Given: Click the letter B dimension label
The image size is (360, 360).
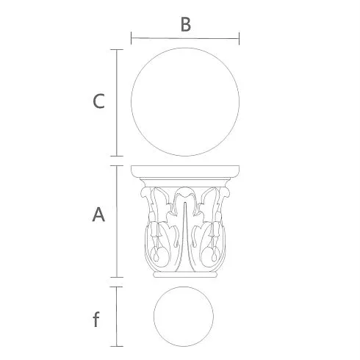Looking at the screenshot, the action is [186, 24].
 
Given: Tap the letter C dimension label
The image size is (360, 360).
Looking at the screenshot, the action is [98, 101].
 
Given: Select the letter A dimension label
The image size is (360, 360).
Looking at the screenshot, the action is [98, 215].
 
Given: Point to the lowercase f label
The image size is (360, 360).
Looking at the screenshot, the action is [96, 319].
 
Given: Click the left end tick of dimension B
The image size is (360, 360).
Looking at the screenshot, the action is [132, 38].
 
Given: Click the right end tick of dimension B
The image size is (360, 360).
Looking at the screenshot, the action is [239, 38].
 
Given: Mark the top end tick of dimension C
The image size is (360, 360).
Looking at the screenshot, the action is [117, 49].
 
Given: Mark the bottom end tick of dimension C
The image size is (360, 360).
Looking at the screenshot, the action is [117, 156].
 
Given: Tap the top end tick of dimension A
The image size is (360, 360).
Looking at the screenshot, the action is [117, 165].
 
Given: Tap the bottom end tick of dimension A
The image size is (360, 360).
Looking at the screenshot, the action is [117, 277].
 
